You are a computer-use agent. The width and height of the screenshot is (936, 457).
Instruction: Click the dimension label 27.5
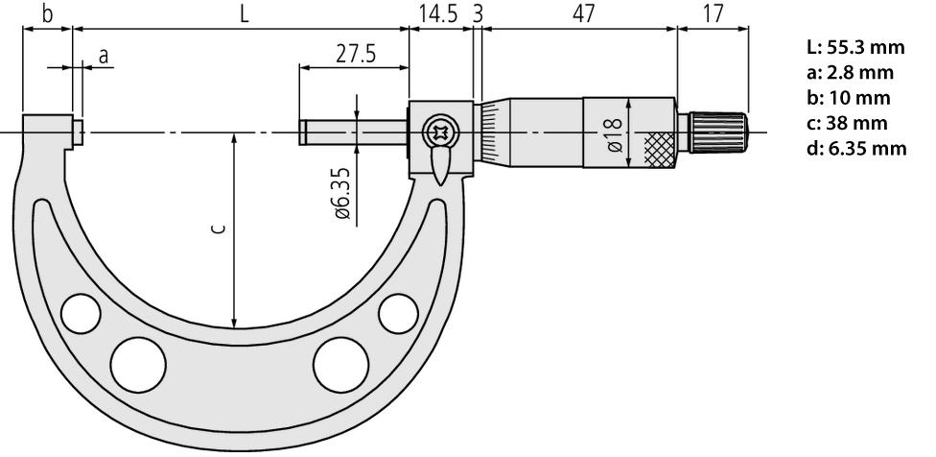coord(356,55)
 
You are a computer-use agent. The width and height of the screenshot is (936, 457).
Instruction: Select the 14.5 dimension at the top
coord(438,13)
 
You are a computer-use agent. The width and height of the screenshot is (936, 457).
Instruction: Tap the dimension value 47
coord(584,13)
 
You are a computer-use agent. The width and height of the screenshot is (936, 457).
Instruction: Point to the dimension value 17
coord(713,13)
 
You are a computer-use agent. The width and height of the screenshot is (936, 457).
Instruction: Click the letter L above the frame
coord(245,13)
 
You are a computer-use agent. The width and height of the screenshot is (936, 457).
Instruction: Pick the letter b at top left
coord(47,13)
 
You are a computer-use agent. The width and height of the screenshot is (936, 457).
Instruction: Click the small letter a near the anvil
coord(104,56)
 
